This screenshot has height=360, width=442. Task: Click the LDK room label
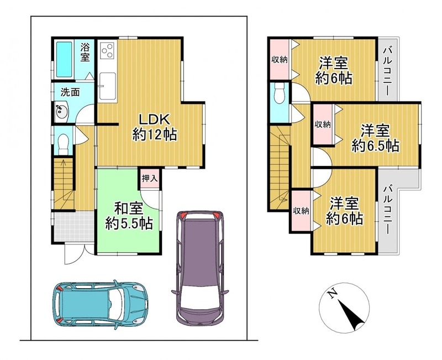click(155, 120)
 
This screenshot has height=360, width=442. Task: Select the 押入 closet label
click(149, 178)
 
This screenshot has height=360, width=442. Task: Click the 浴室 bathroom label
click(85, 52)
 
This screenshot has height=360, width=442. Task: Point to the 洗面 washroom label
click(70, 92)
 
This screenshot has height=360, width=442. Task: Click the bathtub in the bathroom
click(64, 59)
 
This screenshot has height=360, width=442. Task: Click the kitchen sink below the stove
click(107, 87)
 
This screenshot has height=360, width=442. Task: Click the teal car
click(101, 305)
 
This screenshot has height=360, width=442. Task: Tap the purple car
click(200, 268)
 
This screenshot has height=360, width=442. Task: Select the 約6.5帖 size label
click(375, 146)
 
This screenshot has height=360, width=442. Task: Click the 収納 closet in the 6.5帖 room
click(323, 124)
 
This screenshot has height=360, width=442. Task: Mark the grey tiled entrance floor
click(74, 226)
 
